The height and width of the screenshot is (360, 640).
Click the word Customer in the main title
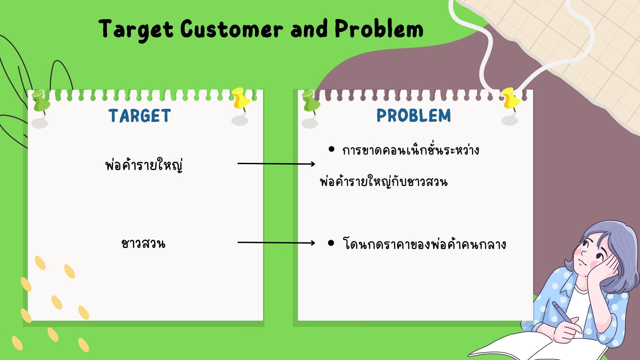click(x=232, y=28)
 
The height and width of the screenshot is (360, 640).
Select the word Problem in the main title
click(x=379, y=28)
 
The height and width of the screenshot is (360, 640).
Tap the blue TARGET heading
click(x=140, y=116)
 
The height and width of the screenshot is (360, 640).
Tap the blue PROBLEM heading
click(x=414, y=116)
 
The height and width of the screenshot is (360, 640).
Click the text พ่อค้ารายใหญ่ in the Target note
click(x=144, y=165)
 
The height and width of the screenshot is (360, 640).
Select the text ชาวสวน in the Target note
click(x=143, y=244)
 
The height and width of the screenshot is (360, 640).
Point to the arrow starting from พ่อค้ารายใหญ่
click(x=276, y=164)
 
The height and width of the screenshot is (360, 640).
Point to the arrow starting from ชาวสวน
click(x=276, y=243)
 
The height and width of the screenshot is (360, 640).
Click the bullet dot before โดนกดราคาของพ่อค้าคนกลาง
click(x=331, y=243)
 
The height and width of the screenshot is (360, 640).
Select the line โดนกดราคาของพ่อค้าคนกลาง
click(x=424, y=244)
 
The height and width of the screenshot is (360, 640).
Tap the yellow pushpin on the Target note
click(x=241, y=98)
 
